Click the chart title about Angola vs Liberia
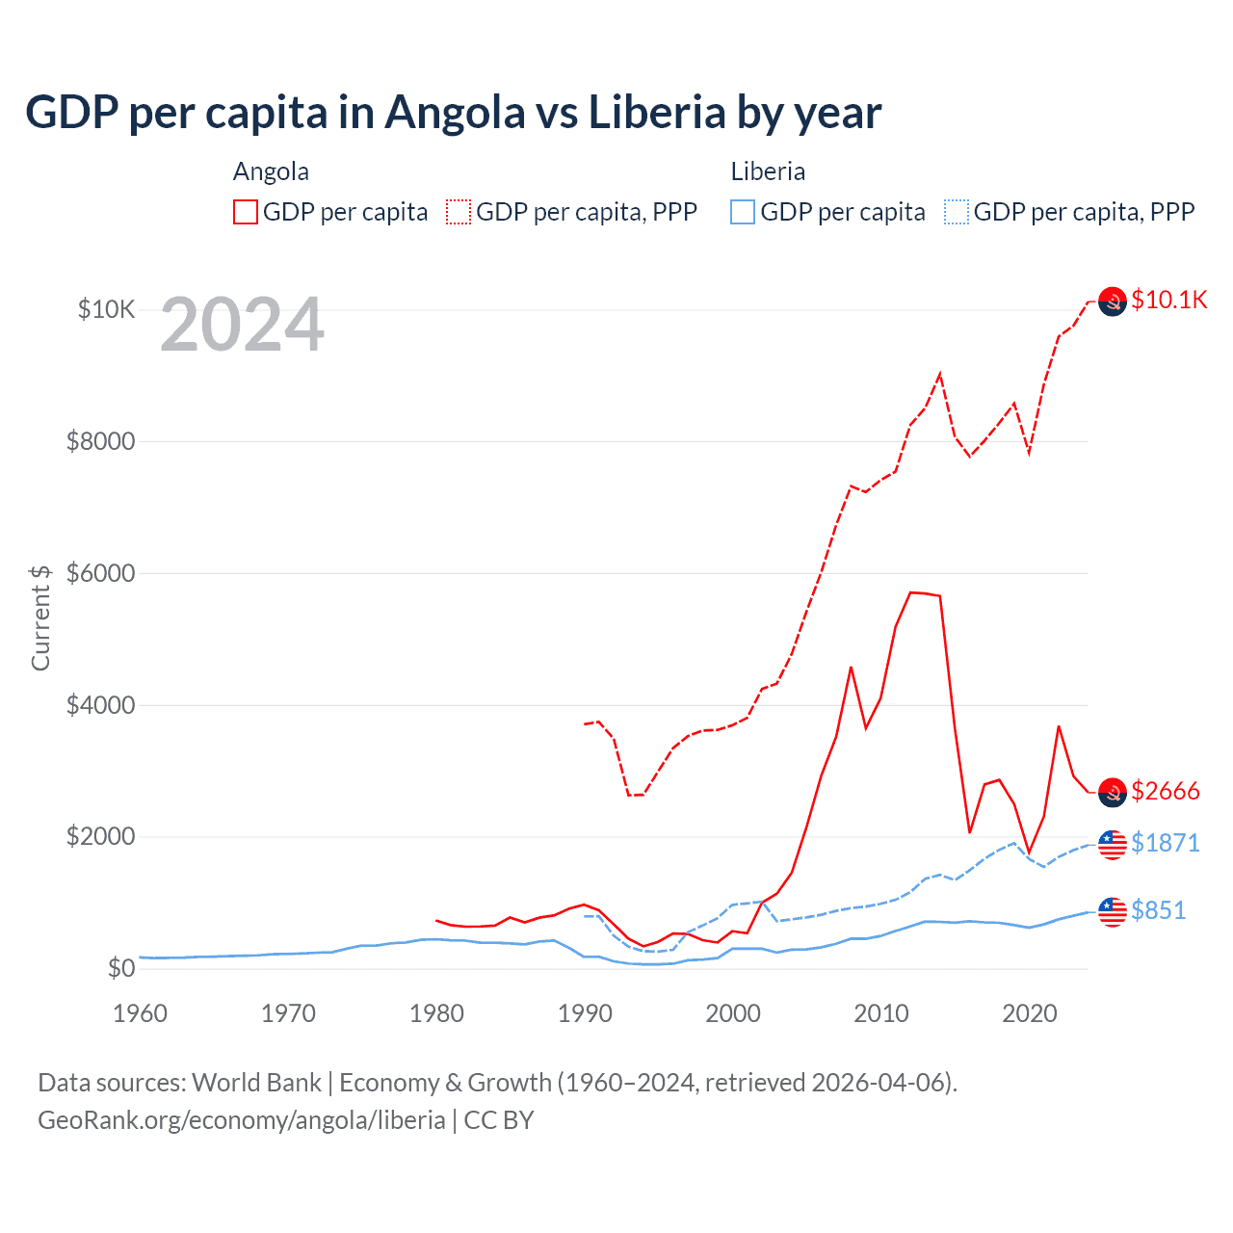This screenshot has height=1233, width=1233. pyautogui.click(x=453, y=113)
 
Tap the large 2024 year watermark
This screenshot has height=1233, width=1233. pyautogui.click(x=242, y=325)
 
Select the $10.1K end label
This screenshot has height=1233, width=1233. pyautogui.click(x=1168, y=300)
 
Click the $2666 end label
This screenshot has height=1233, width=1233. pyautogui.click(x=1165, y=791)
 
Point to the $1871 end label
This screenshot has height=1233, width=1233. pyautogui.click(x=1165, y=843)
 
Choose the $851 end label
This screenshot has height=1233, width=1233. pyautogui.click(x=1158, y=910)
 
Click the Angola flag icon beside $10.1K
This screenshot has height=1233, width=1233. pyautogui.click(x=1113, y=302)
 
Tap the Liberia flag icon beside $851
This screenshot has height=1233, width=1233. pyautogui.click(x=1113, y=911)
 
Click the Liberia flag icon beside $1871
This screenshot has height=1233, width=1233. pyautogui.click(x=1113, y=844)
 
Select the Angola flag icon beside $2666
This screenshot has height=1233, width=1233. pyautogui.click(x=1113, y=792)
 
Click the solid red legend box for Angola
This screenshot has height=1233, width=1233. pyautogui.click(x=246, y=212)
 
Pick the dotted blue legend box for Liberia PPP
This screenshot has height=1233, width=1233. pyautogui.click(x=957, y=212)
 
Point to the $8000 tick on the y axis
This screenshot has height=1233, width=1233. pyautogui.click(x=100, y=441)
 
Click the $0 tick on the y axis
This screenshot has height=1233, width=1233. pyautogui.click(x=120, y=968)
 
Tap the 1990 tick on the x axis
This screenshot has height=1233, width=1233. pyautogui.click(x=585, y=1013)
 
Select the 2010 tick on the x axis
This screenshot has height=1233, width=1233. pyautogui.click(x=881, y=1013)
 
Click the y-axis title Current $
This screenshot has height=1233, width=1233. pyautogui.click(x=40, y=617)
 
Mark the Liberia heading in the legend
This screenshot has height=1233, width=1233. pyautogui.click(x=768, y=171)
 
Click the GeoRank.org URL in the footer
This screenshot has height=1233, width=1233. pyautogui.click(x=241, y=1120)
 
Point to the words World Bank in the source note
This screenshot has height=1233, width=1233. pyautogui.click(x=256, y=1083)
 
